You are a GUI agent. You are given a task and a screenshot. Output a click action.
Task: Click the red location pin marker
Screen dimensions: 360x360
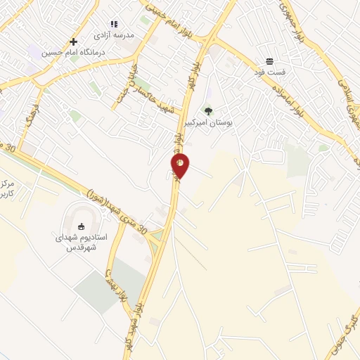[x=180, y=166]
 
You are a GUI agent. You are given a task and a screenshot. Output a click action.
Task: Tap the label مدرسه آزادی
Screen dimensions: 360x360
[x=113, y=34]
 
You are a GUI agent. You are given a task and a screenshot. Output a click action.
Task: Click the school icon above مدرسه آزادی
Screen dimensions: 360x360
[x=115, y=23]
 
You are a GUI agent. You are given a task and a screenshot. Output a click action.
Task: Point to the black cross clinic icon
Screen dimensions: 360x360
[x=73, y=41]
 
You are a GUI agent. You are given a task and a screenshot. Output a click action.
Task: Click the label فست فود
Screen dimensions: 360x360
[x=270, y=72]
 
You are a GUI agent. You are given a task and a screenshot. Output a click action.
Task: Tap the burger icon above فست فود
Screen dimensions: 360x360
[x=270, y=61]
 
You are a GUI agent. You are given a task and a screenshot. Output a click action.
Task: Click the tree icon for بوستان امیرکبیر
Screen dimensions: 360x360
[x=207, y=110]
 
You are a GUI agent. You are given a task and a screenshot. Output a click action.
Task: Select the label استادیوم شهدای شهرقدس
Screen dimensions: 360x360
[x=82, y=242]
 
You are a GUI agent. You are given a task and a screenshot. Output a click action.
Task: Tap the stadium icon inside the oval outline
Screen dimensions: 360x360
[x=81, y=226]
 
